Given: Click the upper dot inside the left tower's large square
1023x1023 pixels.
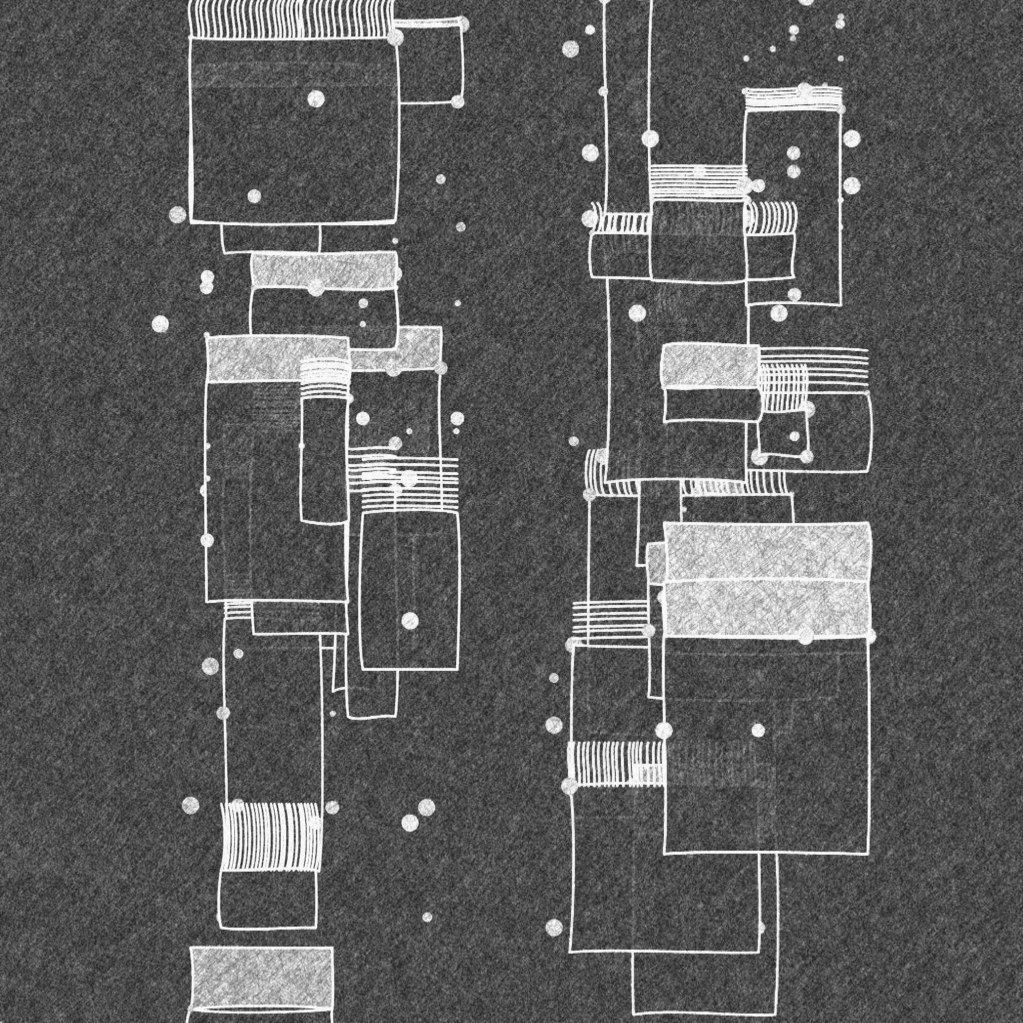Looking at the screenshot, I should pos(316,98).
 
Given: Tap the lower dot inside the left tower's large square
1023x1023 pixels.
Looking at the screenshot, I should pos(254,196).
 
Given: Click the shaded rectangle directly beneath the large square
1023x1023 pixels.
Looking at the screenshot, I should pos(324,270).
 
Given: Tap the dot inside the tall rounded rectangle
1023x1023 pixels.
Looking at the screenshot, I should pos(410,620).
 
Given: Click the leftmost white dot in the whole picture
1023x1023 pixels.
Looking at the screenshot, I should pos(160,324).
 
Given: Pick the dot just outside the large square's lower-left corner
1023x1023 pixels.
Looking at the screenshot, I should pos(177,214).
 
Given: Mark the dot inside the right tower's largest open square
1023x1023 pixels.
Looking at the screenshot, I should pos(758,730).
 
